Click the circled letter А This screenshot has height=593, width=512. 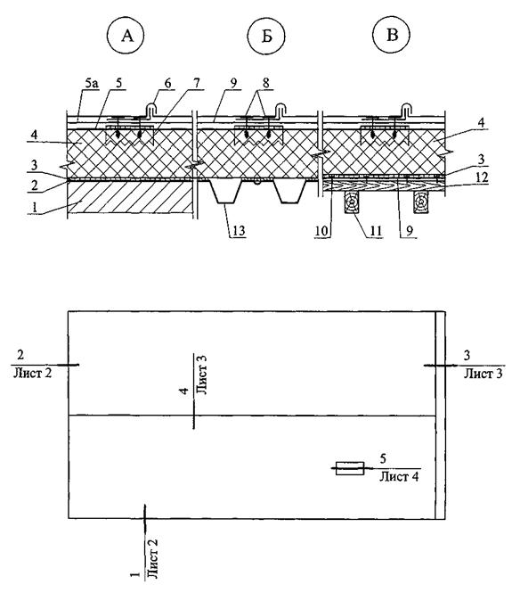[x=126, y=36]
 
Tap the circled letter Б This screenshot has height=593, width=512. [x=266, y=36]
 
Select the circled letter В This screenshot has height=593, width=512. [x=392, y=35]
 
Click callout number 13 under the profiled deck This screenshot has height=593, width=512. [x=239, y=230]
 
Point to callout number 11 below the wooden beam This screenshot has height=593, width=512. [x=375, y=230]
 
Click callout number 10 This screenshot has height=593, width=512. [x=321, y=230]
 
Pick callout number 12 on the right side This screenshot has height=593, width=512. [x=482, y=177]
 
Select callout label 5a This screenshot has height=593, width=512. [x=92, y=83]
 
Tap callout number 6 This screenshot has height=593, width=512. [x=167, y=83]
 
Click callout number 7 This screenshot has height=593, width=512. [x=197, y=83]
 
